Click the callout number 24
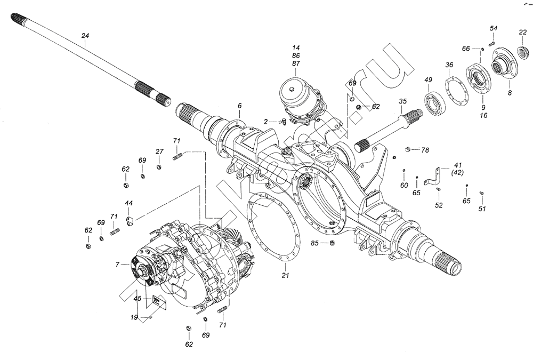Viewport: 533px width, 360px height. pos(85,35)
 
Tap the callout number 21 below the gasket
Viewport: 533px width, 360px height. pos(286,276)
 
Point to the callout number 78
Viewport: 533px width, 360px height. pos(425,150)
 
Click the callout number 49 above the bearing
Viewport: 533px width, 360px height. pos(428,80)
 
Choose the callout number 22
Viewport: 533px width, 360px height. pos(522,33)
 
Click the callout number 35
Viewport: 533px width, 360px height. pos(402,101)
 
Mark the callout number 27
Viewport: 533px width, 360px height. pos(159,152)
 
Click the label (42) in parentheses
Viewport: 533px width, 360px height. pos(457,173)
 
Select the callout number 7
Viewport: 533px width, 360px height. pos(118,263)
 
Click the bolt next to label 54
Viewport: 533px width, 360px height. pos(492,43)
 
